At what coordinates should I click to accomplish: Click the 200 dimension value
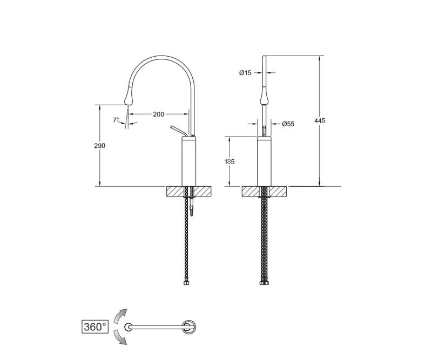click(x=158, y=114)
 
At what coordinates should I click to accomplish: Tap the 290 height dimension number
click(x=99, y=146)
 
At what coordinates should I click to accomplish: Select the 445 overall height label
click(x=320, y=120)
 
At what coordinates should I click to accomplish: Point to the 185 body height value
click(x=229, y=161)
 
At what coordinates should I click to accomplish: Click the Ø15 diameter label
click(x=245, y=73)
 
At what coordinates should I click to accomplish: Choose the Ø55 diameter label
click(x=288, y=124)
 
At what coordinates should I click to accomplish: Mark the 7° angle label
click(x=116, y=120)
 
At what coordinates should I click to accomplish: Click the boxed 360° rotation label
click(x=95, y=327)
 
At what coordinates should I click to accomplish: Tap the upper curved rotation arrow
click(x=120, y=316)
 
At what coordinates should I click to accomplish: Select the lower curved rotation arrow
click(x=120, y=338)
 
